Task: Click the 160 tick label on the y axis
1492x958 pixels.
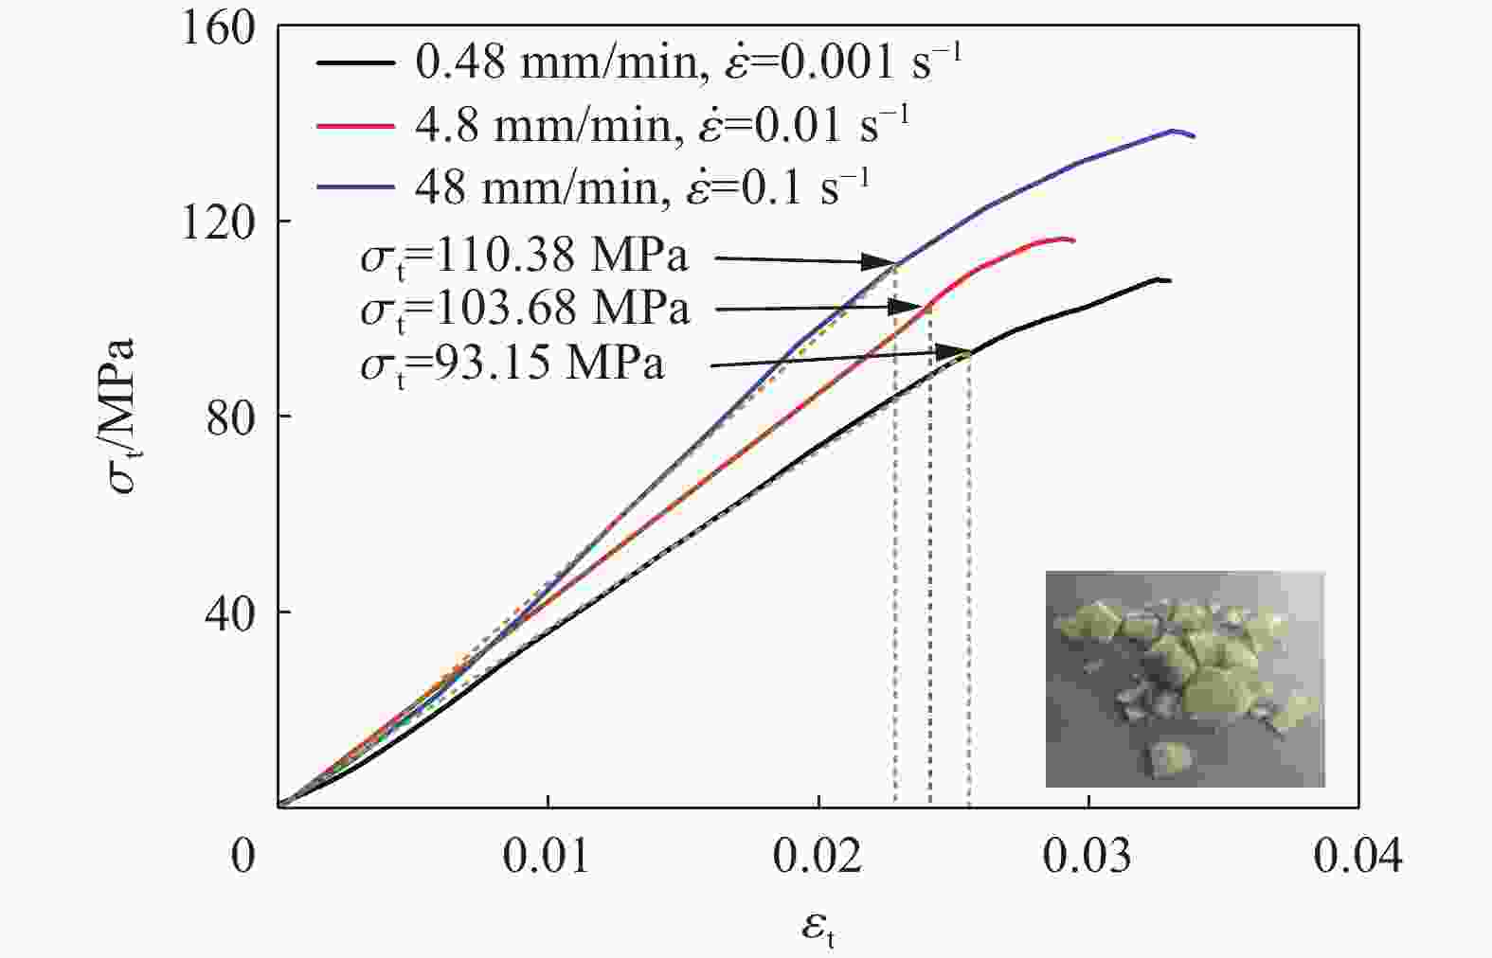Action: click(x=219, y=28)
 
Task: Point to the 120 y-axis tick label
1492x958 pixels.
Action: click(x=219, y=222)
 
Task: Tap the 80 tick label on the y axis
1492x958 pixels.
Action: click(x=231, y=417)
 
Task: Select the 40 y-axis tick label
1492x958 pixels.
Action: click(x=231, y=613)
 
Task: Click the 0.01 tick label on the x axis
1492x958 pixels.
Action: click(x=547, y=857)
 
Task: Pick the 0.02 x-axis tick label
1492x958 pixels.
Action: click(x=818, y=857)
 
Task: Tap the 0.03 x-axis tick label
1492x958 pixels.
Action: click(x=1088, y=857)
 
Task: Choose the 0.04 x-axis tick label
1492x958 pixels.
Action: click(x=1357, y=857)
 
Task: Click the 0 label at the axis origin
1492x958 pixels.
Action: click(x=243, y=857)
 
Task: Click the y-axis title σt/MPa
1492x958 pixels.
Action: click(x=123, y=417)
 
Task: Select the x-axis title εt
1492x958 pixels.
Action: click(x=818, y=928)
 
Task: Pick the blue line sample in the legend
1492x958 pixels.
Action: click(x=355, y=187)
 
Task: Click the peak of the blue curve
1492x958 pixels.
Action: click(x=1174, y=131)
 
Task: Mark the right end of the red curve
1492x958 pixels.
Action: click(x=1073, y=240)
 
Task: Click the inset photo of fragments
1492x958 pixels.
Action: click(x=1184, y=679)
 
